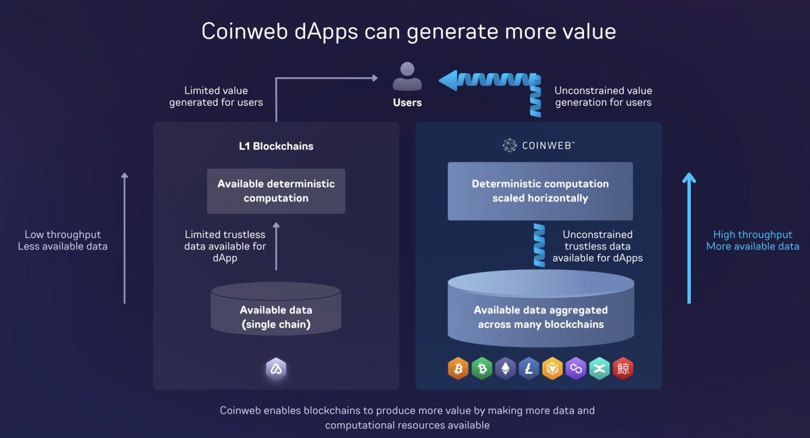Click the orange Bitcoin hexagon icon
coord(457,368)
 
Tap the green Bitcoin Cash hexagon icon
coord(481,368)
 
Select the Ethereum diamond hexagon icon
coord(504,368)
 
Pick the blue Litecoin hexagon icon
coord(528,368)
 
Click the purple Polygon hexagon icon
coord(576,368)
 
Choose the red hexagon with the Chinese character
coord(623,368)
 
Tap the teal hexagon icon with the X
coord(599,368)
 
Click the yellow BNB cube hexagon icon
coord(552,368)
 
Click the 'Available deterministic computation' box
coord(276,191)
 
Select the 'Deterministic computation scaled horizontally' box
coord(540,191)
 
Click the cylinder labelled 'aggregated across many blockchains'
coord(540,310)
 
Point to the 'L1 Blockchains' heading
coord(276,146)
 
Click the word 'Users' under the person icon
coord(407,103)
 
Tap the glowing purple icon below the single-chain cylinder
coord(276,368)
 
